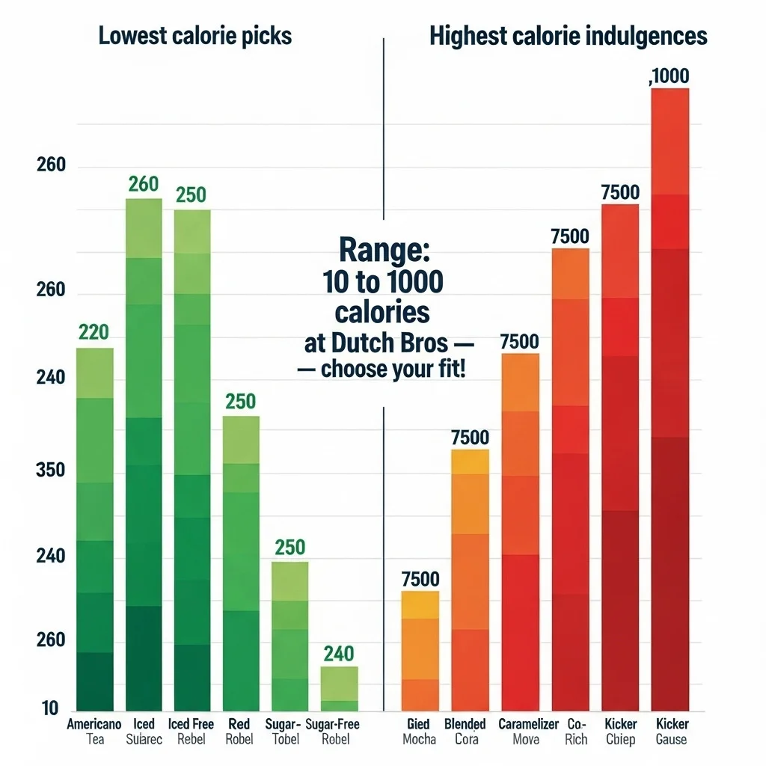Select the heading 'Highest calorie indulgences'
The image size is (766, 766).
(x=569, y=36)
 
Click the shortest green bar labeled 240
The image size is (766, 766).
(x=339, y=688)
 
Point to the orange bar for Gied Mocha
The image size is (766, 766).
(x=420, y=651)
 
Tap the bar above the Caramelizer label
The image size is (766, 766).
(x=520, y=532)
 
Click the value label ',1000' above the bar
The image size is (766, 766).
(x=670, y=76)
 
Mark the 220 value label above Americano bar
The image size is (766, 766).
(x=94, y=332)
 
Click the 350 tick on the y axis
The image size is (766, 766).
(x=51, y=471)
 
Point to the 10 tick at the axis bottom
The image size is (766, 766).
(x=50, y=708)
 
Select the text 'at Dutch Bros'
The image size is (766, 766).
(x=376, y=343)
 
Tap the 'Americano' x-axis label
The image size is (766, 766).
(x=94, y=724)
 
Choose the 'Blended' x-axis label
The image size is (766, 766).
(x=465, y=724)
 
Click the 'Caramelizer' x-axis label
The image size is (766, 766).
(x=527, y=724)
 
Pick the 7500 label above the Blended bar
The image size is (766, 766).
(x=470, y=438)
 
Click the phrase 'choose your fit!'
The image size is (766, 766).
(x=392, y=370)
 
